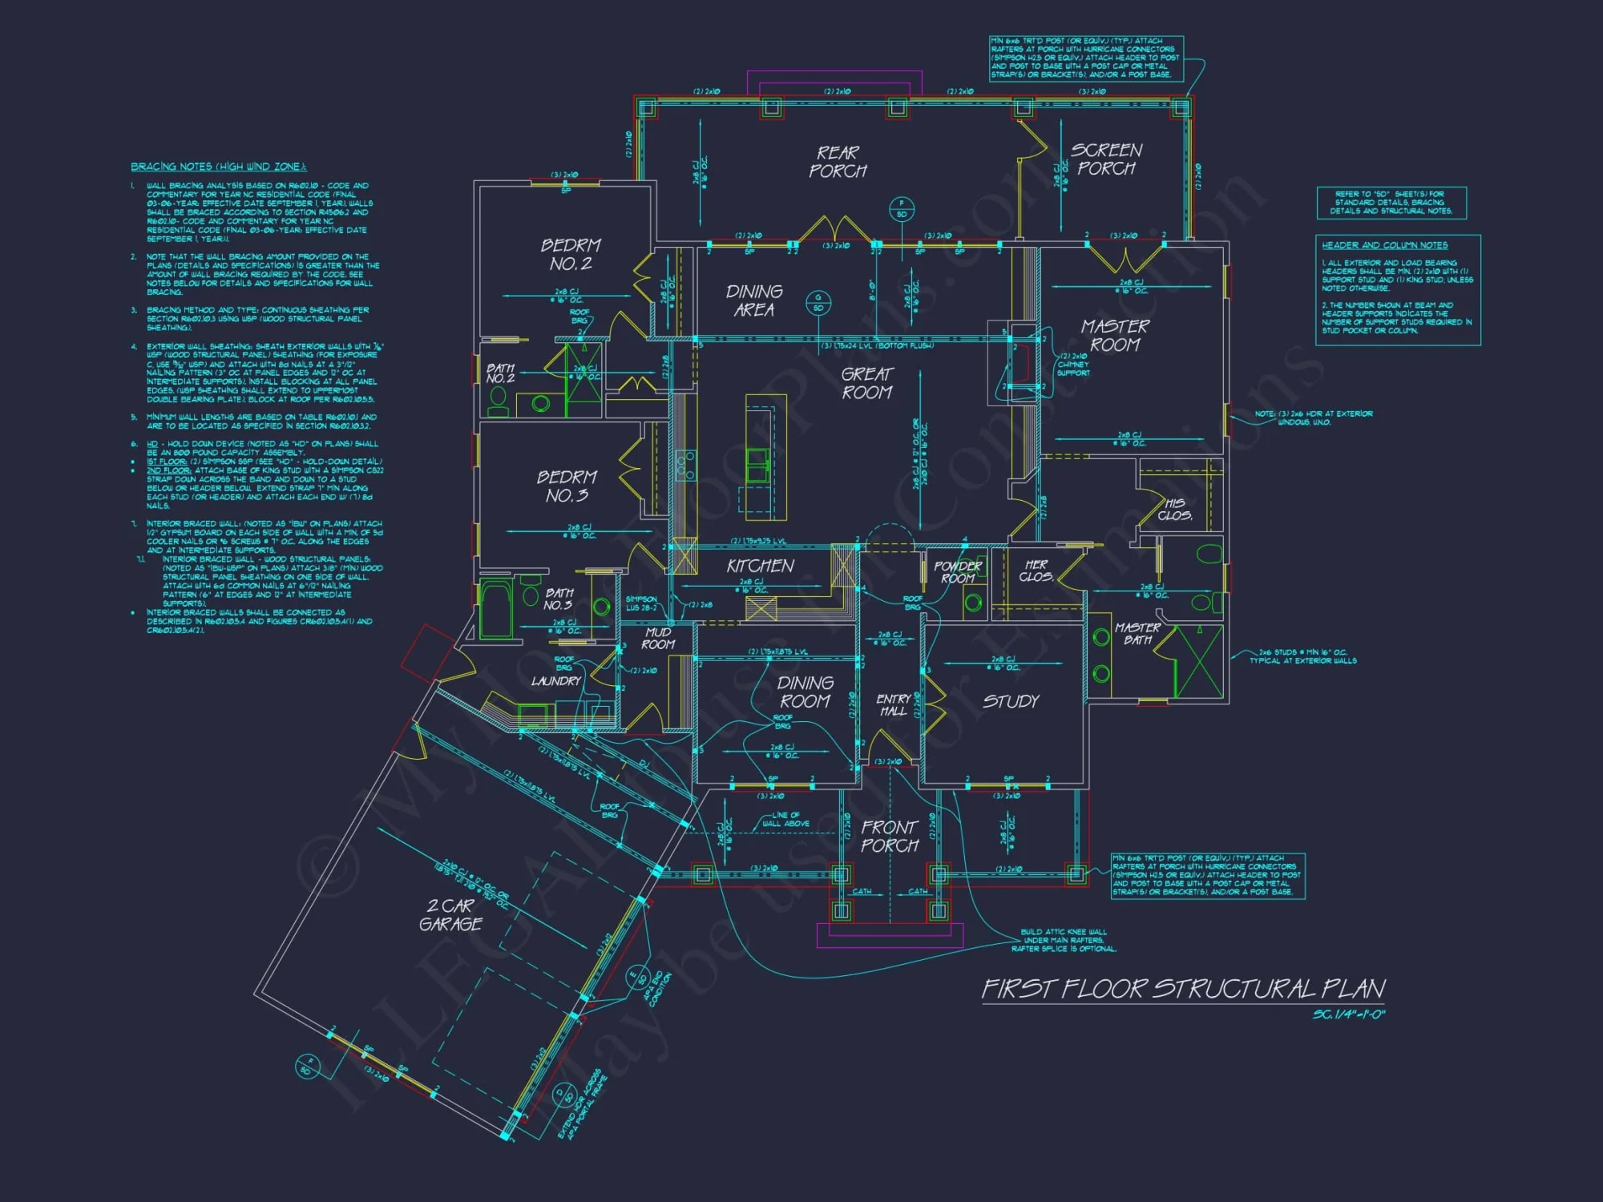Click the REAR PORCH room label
click(x=838, y=161)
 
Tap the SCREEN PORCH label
click(x=1107, y=159)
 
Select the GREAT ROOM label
click(x=866, y=383)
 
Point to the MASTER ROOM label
click(x=1114, y=335)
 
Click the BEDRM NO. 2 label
click(x=570, y=254)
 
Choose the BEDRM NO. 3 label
click(x=567, y=486)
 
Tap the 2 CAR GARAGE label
click(x=450, y=914)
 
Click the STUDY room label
click(x=1011, y=701)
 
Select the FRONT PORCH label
click(x=890, y=836)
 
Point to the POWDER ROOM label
click(x=958, y=572)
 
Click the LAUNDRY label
click(x=555, y=681)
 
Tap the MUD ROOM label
click(x=658, y=639)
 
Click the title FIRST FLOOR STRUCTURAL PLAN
click(x=1183, y=989)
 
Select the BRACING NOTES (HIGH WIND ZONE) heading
click(x=219, y=167)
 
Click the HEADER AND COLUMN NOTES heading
click(x=1384, y=245)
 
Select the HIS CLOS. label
click(x=1174, y=510)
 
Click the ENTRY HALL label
click(x=893, y=705)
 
